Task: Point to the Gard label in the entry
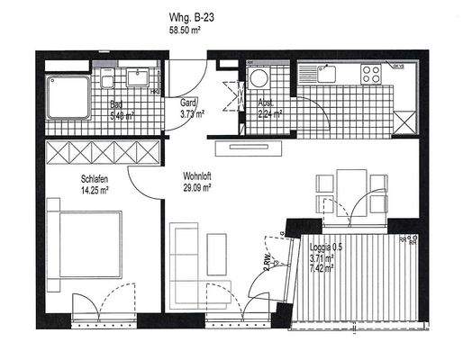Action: click(x=188, y=103)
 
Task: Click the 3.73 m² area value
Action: click(x=191, y=114)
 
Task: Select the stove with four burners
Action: click(x=372, y=72)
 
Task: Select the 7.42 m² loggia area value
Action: click(x=322, y=268)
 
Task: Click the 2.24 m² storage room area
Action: click(x=269, y=114)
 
